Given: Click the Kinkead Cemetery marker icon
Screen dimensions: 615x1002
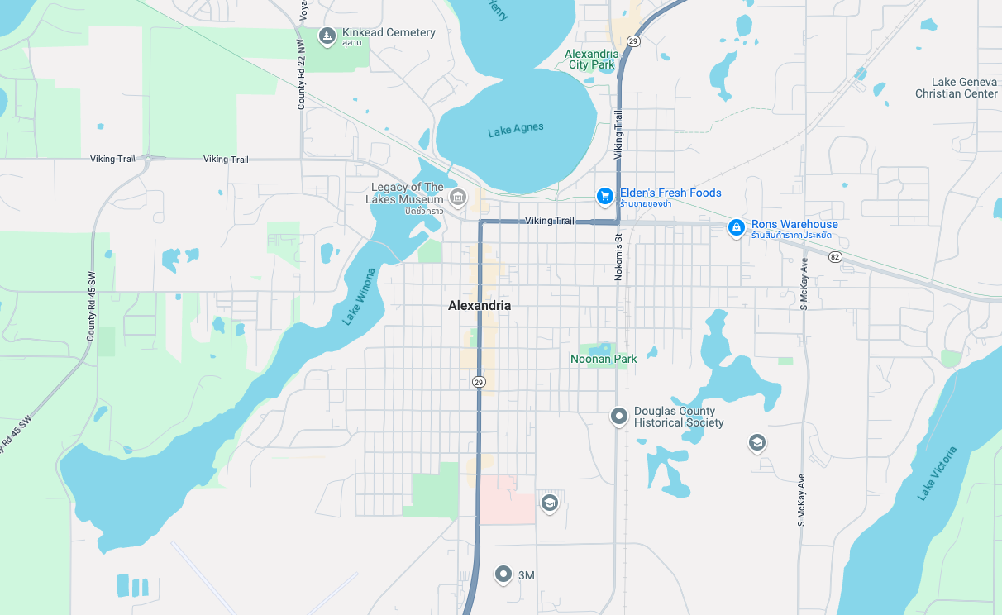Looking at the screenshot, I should pyautogui.click(x=327, y=36).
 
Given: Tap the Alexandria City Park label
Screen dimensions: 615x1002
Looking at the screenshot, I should pyautogui.click(x=591, y=60).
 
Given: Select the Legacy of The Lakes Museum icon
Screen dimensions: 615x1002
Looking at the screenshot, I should pyautogui.click(x=458, y=198).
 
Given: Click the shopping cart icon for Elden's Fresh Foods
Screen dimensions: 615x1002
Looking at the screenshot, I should pyautogui.click(x=605, y=196).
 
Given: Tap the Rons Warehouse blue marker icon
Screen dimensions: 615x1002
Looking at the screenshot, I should pyautogui.click(x=736, y=227).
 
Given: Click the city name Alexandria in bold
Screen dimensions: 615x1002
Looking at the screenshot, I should pyautogui.click(x=480, y=306).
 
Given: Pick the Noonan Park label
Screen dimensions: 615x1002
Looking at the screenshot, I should pyautogui.click(x=604, y=359).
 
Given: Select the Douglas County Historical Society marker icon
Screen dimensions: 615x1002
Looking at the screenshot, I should pyautogui.click(x=618, y=416).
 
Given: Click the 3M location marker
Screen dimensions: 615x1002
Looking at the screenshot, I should pyautogui.click(x=503, y=574).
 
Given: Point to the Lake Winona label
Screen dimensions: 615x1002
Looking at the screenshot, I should pyautogui.click(x=359, y=296).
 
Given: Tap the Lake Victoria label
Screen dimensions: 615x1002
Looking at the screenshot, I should pyautogui.click(x=937, y=473).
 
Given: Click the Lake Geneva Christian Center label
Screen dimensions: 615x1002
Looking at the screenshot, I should pyautogui.click(x=956, y=88).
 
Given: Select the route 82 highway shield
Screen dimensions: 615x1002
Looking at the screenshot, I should pyautogui.click(x=835, y=257).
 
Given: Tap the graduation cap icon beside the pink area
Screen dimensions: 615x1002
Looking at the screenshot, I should pyautogui.click(x=549, y=503).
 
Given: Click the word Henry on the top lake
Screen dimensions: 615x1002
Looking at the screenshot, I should pyautogui.click(x=498, y=10).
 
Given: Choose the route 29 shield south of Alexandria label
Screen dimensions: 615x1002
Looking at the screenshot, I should pyautogui.click(x=479, y=381).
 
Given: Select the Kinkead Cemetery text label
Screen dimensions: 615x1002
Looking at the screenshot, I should pyautogui.click(x=389, y=32).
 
